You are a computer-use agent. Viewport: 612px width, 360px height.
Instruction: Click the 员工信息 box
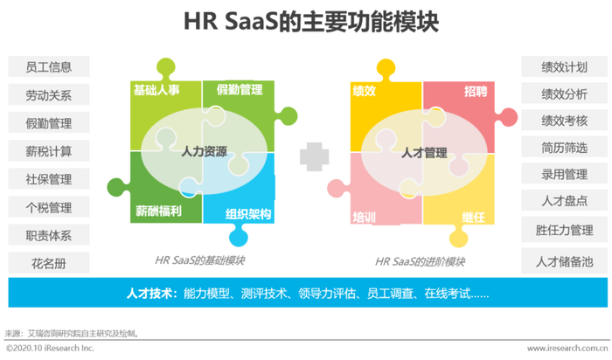point(49,66)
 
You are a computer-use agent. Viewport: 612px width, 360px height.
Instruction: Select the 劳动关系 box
point(49,94)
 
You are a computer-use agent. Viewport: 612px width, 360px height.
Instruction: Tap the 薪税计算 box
point(49,151)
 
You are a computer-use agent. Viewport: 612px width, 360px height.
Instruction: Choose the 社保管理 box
point(49,179)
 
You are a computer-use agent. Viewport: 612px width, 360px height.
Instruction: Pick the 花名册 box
point(49,262)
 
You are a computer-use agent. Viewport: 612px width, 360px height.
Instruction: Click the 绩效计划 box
point(564,66)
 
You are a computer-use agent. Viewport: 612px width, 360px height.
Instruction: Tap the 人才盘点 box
point(564,202)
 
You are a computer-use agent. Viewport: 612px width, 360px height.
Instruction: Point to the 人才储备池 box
point(564,260)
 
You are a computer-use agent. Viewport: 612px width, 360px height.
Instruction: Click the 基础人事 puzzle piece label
point(157,90)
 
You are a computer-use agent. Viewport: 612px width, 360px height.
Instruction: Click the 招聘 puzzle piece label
point(476,90)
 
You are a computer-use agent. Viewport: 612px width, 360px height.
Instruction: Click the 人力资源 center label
point(204,152)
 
